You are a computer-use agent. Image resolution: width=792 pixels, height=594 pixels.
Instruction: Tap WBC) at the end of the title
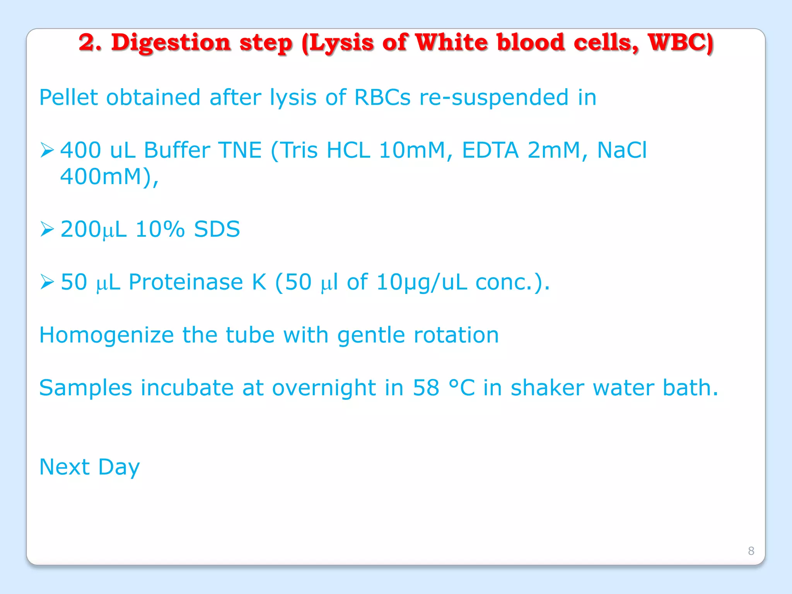(x=680, y=43)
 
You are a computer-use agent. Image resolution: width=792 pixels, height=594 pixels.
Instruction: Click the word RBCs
(x=382, y=97)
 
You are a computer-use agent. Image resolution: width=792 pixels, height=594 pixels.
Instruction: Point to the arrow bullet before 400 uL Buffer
(x=47, y=150)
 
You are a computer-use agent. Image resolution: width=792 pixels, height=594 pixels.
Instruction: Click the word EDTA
(x=490, y=150)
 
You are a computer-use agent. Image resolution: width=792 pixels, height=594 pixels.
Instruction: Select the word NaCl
(x=621, y=150)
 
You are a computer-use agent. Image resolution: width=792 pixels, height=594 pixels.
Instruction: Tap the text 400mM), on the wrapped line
(x=109, y=177)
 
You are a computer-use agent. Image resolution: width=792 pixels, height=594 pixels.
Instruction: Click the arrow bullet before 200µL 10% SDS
(x=47, y=229)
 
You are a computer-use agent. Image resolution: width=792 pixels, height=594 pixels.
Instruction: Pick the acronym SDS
(x=217, y=229)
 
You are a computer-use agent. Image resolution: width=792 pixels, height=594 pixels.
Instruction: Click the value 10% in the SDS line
(x=160, y=229)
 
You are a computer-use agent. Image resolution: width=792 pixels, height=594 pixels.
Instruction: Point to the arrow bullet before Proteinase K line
(x=47, y=282)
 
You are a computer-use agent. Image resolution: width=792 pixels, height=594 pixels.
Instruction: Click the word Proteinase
(x=186, y=282)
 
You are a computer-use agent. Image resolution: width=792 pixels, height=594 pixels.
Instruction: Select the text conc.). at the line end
(x=512, y=282)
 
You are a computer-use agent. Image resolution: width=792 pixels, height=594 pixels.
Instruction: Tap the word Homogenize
(x=106, y=335)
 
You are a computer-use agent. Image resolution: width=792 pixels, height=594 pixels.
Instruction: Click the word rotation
(x=456, y=335)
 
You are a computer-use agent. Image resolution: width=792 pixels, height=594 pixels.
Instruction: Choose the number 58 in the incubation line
(x=426, y=387)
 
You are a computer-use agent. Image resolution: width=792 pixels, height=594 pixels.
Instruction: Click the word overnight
(x=324, y=387)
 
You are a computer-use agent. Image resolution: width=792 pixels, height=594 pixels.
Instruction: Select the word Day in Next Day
(x=119, y=467)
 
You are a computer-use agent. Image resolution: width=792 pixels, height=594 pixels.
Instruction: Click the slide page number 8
(x=751, y=551)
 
